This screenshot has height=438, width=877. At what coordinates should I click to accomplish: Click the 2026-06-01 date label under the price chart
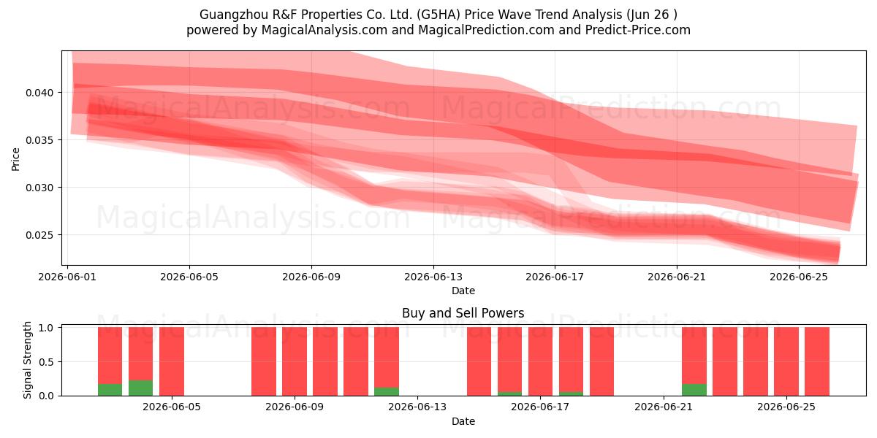pos(67,277)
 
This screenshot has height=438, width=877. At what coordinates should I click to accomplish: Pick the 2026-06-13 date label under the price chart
pos(433,277)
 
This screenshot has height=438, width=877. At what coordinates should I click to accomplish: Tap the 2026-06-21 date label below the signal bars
pos(664,407)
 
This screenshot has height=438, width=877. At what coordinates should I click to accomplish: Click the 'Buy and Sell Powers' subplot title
pos(463,313)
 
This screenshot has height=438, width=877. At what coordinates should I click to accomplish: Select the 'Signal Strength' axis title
pos(27,360)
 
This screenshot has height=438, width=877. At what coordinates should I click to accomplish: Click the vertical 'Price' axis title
pos(15,159)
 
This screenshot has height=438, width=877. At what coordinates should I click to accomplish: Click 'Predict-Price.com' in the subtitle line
pos(638,30)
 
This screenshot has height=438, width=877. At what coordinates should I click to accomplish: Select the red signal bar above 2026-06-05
pos(172,361)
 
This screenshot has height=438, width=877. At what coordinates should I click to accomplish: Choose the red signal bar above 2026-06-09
pos(295,361)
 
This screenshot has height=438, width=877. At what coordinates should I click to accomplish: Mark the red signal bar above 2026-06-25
pos(786,361)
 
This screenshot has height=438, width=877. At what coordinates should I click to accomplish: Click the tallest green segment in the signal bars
pos(140,388)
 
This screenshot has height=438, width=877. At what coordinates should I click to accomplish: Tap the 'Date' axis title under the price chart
pos(463,291)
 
